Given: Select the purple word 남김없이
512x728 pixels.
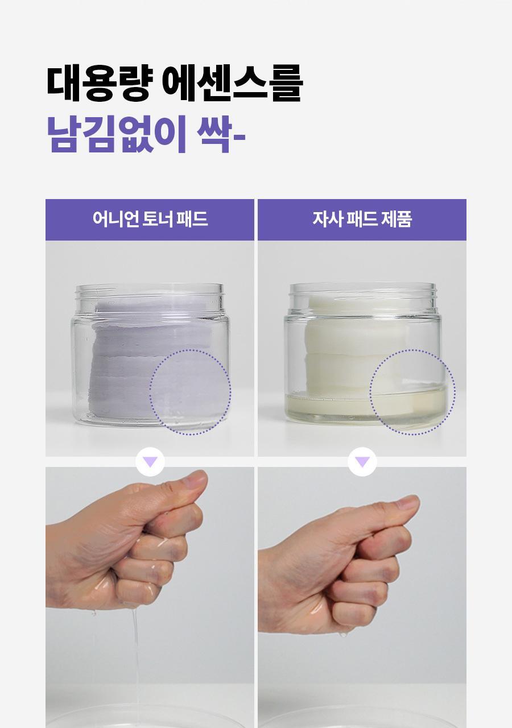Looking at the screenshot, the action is (117, 134).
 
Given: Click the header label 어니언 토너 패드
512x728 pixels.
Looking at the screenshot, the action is (150, 219).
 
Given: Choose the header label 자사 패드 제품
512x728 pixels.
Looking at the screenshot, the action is (362, 219).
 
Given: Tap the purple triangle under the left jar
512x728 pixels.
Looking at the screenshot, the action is (150, 462).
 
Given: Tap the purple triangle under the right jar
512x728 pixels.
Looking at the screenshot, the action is (362, 462).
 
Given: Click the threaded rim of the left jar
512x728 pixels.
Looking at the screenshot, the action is (150, 291).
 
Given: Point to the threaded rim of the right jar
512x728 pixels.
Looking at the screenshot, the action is (362, 290).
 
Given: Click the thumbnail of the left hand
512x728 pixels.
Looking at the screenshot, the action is (197, 479).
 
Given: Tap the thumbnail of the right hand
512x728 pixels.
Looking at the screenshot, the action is (408, 504).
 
